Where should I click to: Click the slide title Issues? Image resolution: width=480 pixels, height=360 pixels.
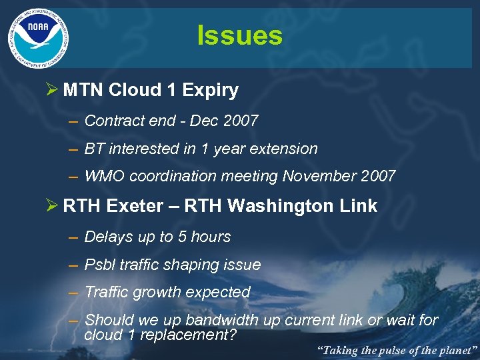tap(239, 35)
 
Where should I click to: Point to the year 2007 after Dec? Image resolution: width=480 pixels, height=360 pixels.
tap(240, 121)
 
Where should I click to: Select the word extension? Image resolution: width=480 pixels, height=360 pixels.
tap(284, 149)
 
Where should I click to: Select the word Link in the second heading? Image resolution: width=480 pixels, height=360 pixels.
tap(359, 206)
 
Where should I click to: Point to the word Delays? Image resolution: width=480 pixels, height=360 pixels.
tap(107, 237)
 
